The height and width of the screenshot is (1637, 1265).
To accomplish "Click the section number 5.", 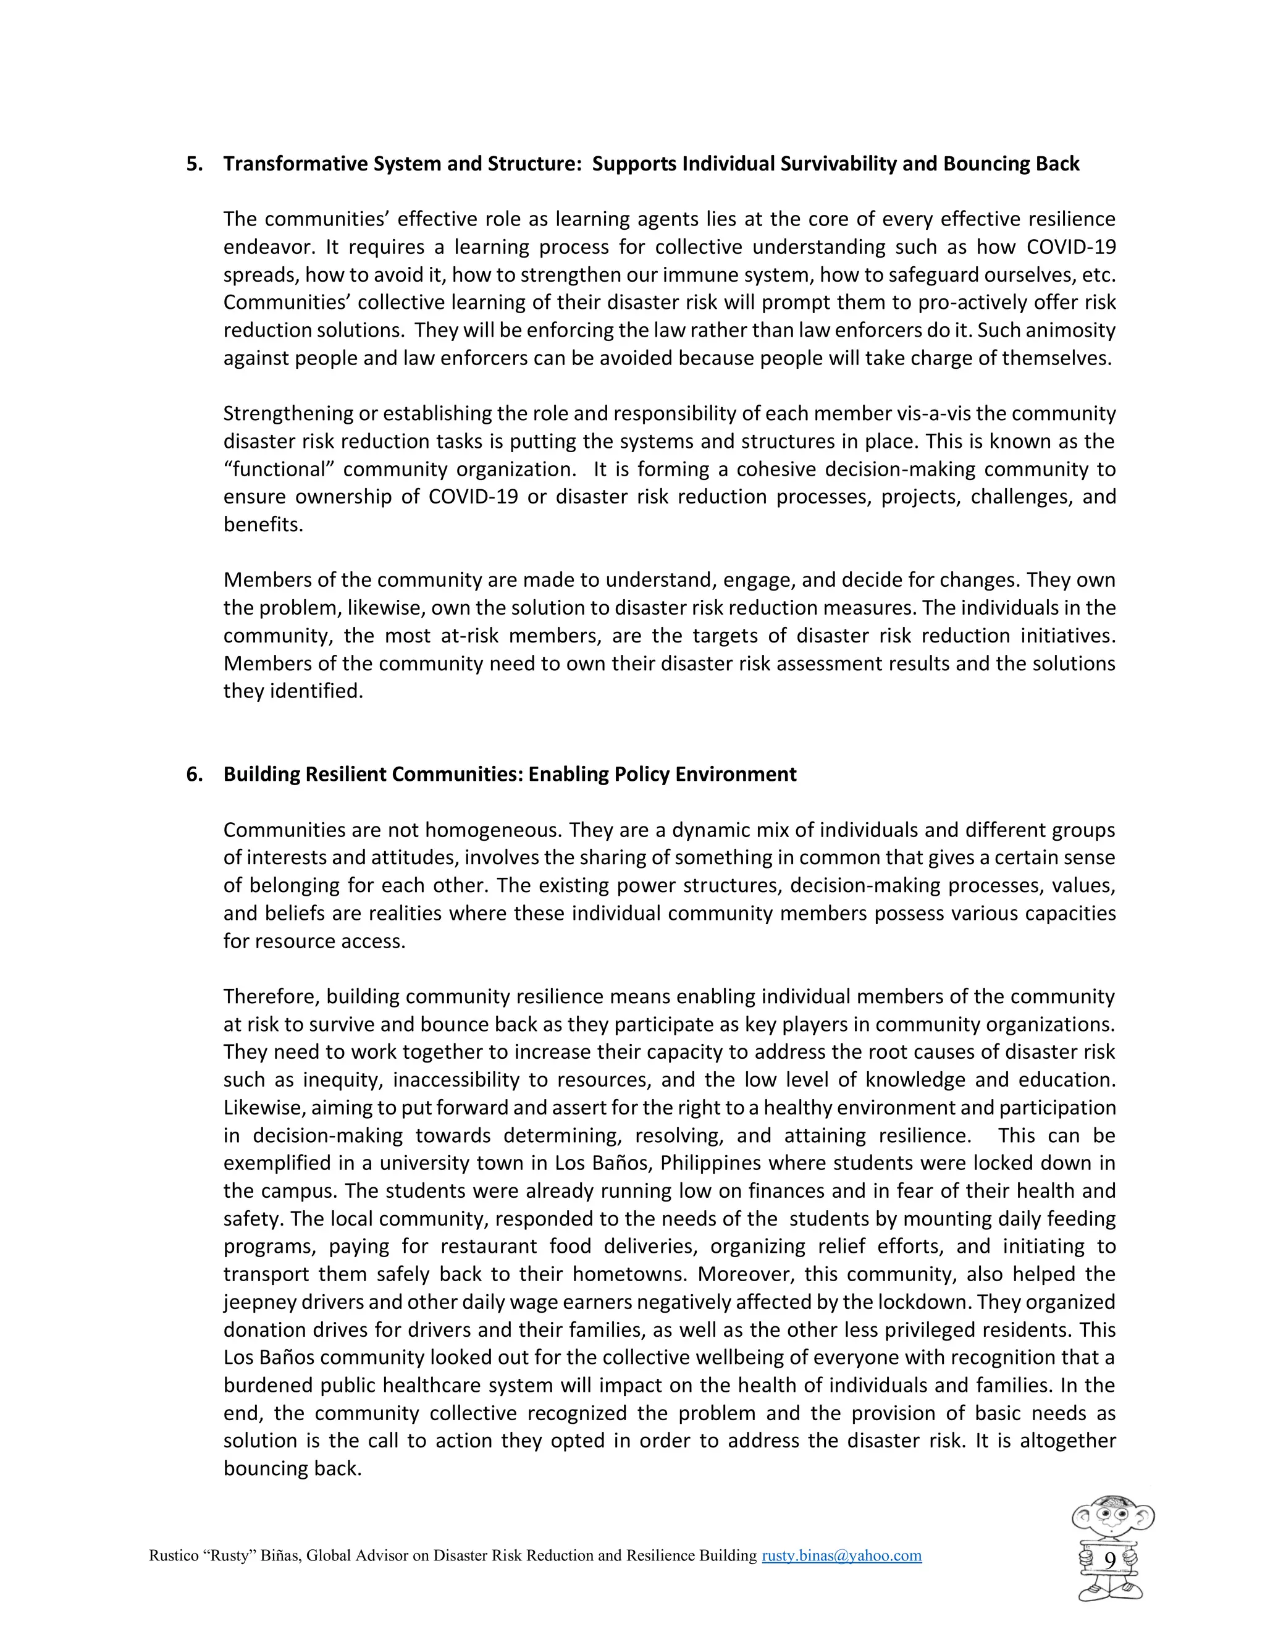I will (194, 164).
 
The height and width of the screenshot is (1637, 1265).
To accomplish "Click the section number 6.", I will (194, 774).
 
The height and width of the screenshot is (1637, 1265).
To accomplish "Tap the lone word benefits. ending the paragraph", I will (263, 524).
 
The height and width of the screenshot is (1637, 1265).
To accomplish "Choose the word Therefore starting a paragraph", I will (271, 997).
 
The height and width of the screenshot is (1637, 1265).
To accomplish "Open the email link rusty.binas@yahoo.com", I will (841, 1556).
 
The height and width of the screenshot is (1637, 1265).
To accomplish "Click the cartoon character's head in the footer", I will (1112, 1520).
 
